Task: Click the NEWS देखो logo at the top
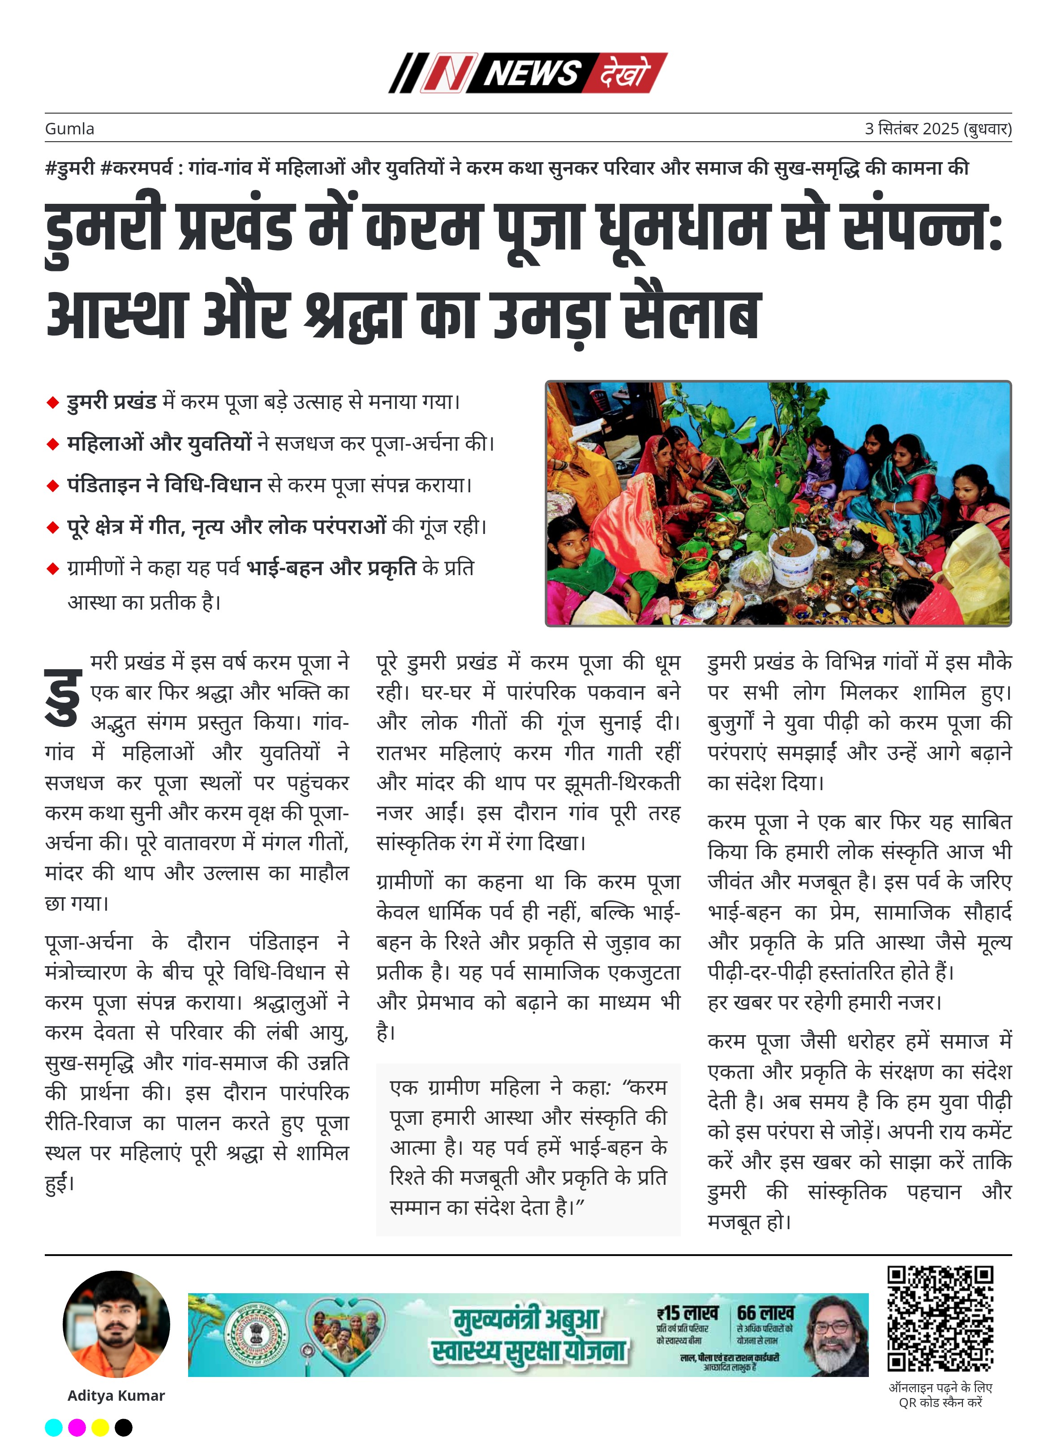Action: pyautogui.click(x=528, y=73)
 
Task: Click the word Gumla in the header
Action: pyautogui.click(x=69, y=129)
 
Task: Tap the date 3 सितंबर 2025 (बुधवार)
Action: pyautogui.click(x=937, y=129)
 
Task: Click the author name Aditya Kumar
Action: pyautogui.click(x=116, y=1395)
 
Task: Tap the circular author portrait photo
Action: pyautogui.click(x=116, y=1323)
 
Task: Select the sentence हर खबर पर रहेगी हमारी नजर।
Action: pyautogui.click(x=824, y=1002)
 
